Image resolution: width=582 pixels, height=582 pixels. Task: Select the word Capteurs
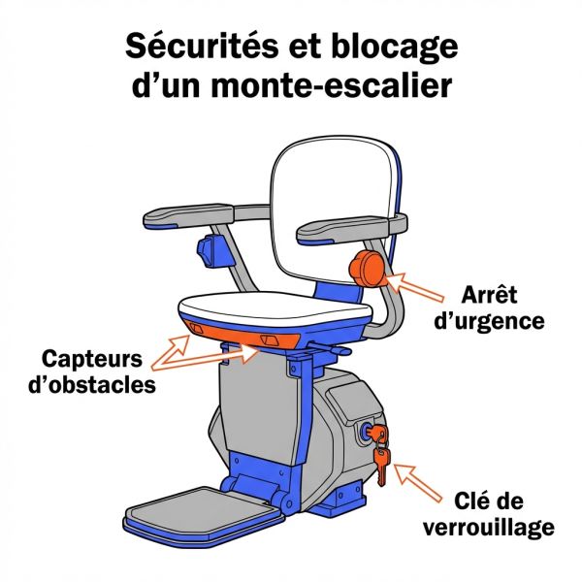coord(92,358)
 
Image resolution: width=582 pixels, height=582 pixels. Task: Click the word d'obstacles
coord(92,384)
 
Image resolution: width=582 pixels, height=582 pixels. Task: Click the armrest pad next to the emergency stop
coord(344,230)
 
